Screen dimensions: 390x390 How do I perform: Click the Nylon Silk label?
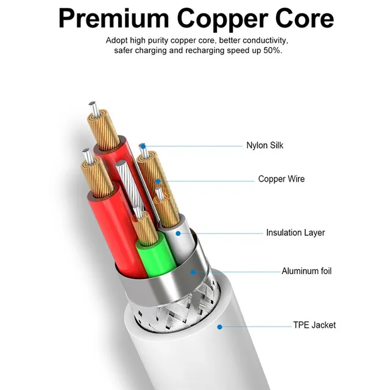(264, 146)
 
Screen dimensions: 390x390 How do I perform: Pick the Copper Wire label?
(281, 179)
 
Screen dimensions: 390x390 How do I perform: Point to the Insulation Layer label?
(295, 233)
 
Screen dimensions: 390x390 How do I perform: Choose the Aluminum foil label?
(307, 271)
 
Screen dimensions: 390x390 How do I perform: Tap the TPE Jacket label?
(314, 325)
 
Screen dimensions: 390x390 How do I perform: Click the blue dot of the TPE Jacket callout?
(219, 326)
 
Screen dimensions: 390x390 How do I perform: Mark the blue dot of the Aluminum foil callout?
(193, 271)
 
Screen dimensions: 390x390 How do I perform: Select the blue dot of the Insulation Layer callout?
(178, 233)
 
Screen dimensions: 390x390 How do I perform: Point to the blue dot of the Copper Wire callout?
(157, 180)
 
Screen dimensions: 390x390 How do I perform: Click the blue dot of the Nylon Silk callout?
(142, 146)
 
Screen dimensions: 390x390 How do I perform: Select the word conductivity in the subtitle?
(264, 40)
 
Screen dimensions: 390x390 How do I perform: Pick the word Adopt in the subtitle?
(116, 40)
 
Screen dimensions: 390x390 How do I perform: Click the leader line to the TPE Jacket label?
(256, 326)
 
